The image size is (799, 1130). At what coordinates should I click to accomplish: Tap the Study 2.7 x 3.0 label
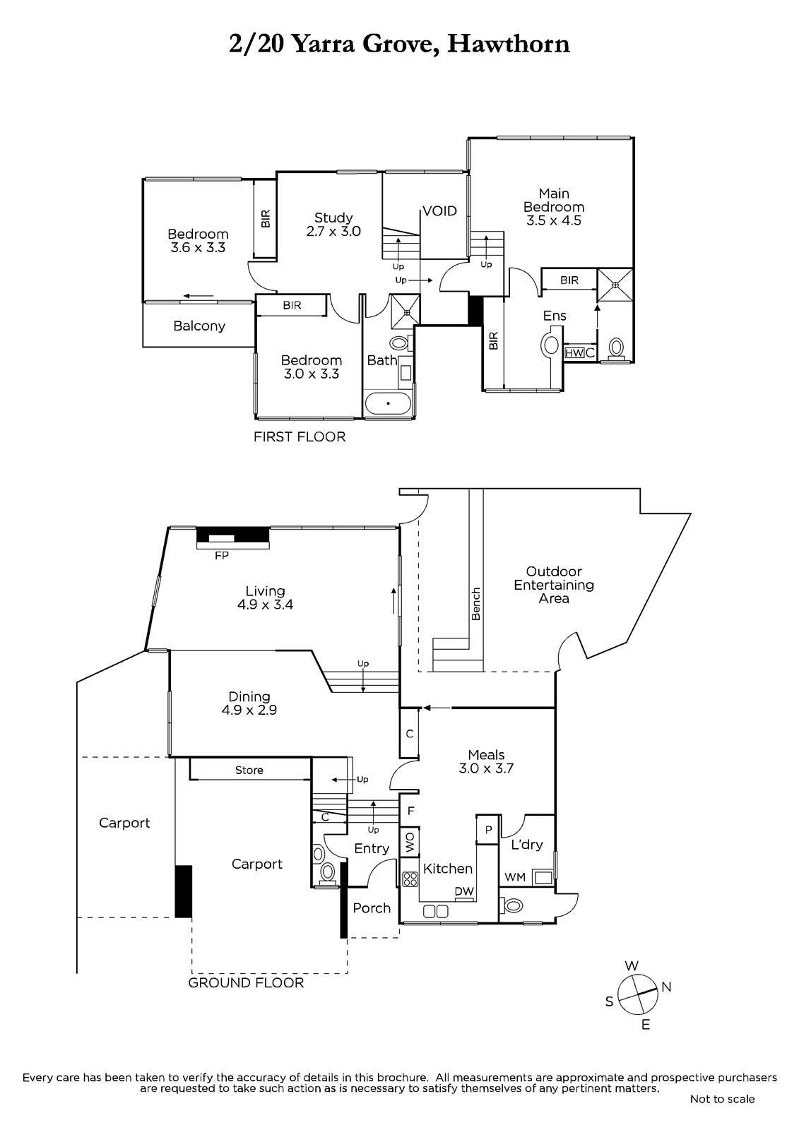333,225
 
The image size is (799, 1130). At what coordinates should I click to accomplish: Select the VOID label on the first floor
439,211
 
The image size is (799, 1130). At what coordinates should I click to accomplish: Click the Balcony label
199,326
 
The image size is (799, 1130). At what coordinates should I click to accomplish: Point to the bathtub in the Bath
388,403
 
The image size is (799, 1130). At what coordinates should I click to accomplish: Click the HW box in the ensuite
574,353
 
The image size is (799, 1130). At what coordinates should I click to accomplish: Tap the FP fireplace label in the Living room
222,555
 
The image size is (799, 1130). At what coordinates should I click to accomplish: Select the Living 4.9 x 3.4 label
265,597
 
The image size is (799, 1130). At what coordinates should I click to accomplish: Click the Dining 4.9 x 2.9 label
249,703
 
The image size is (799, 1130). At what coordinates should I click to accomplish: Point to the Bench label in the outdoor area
476,604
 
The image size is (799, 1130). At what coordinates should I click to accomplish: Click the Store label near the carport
249,771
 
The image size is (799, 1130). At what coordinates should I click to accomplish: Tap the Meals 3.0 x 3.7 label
486,762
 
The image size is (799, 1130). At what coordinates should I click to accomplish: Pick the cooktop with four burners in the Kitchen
409,879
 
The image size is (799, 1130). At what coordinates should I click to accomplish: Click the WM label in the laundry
515,877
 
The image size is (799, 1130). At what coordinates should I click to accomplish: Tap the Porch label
372,908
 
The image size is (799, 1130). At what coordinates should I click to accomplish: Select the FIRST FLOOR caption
300,437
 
